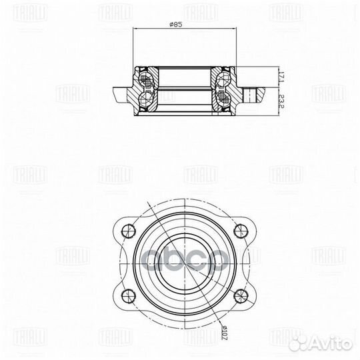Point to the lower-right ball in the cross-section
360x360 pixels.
click(223, 100)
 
